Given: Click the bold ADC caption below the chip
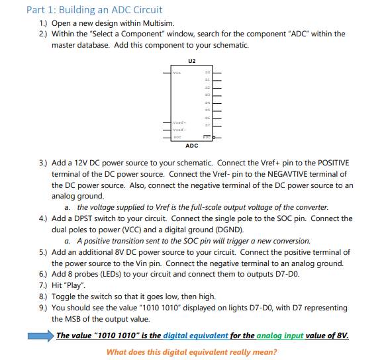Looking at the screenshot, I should (x=192, y=144).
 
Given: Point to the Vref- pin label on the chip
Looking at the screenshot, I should (x=178, y=130).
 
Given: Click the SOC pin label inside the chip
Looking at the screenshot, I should (x=177, y=136).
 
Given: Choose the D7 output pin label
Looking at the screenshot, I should (x=207, y=123).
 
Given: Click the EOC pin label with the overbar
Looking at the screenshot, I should (x=206, y=136).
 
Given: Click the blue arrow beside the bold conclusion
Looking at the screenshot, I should (x=40, y=336).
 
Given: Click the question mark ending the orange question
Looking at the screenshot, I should (x=275, y=352).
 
